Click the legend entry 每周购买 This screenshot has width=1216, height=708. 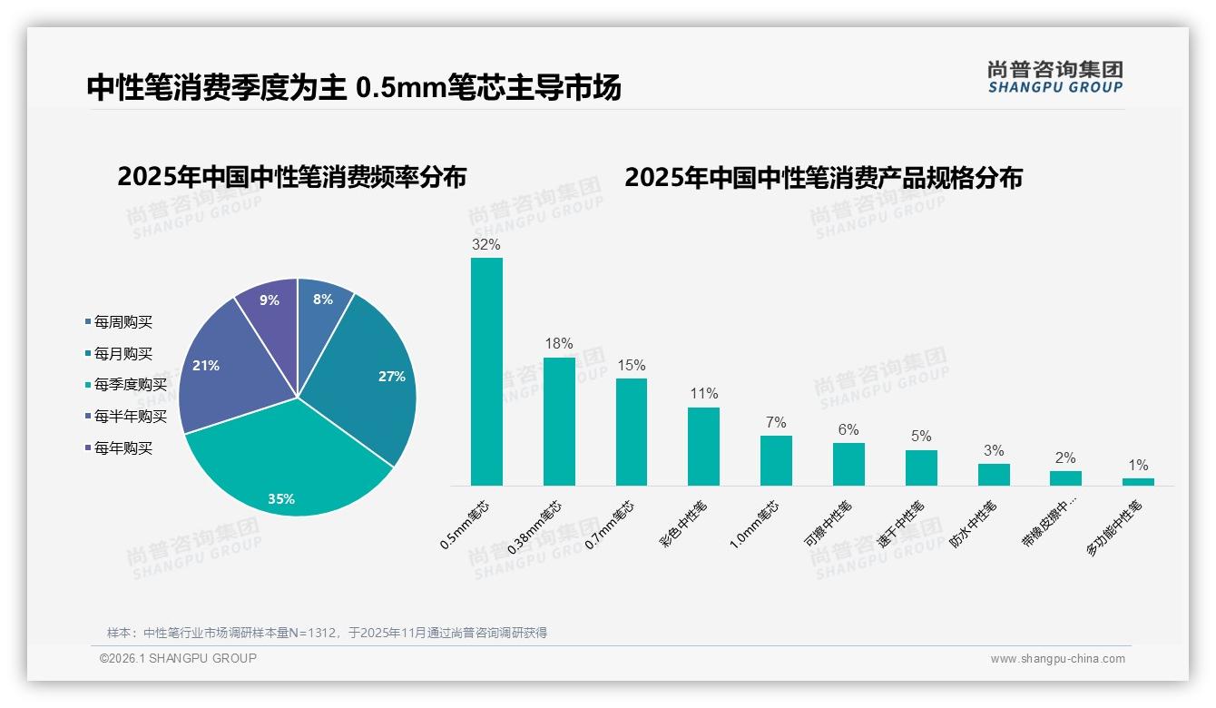coord(123,322)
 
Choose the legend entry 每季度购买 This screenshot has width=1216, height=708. coord(130,385)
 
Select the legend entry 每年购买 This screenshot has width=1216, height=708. coord(123,448)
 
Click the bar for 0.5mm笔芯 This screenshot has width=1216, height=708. coord(486,372)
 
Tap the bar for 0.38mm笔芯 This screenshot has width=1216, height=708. coord(559,422)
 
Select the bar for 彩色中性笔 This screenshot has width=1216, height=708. coord(703,447)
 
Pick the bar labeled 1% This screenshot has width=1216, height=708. coord(1138,482)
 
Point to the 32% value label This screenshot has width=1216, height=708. coord(486,244)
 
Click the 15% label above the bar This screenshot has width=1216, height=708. coord(631,365)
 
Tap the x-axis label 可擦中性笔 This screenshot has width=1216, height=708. coord(828,525)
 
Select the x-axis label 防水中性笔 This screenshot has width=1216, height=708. coord(973,525)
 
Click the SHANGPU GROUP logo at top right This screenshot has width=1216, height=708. coord(1055,77)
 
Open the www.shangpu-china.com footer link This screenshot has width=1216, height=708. coord(1057,659)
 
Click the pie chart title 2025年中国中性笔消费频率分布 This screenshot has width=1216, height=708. coord(291,177)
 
